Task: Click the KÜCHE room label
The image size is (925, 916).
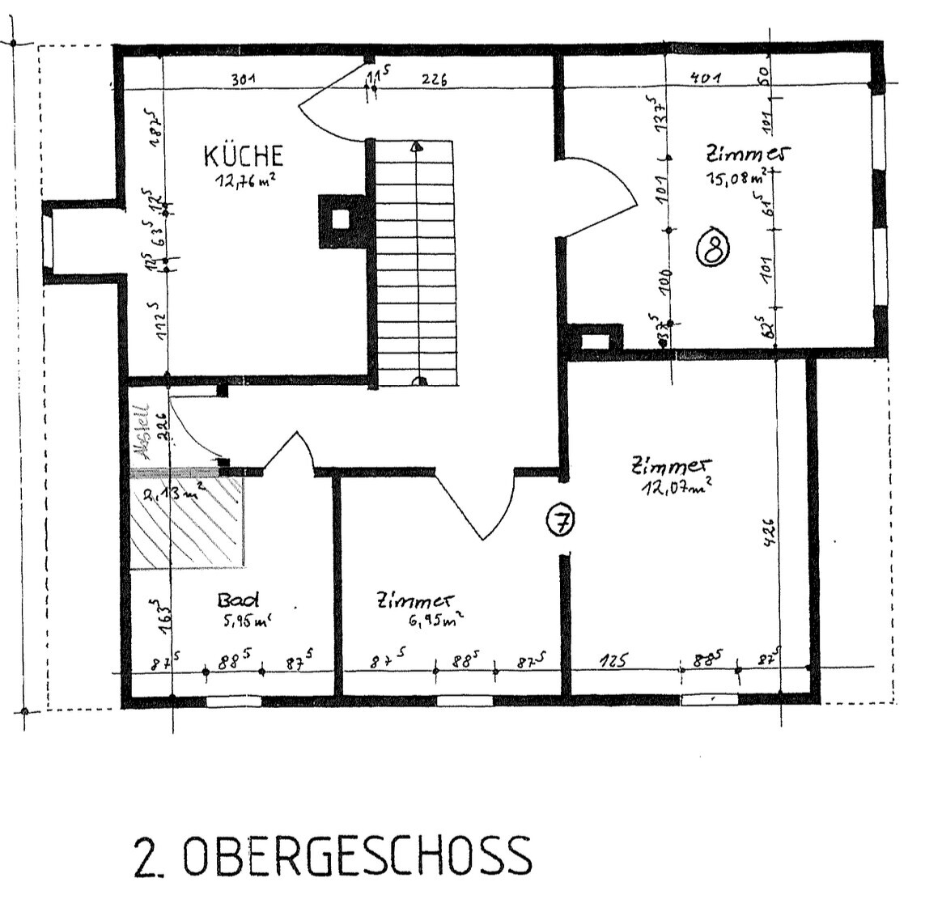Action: (x=243, y=155)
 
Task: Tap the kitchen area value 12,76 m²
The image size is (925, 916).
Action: (x=244, y=180)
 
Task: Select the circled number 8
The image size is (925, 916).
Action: (x=713, y=248)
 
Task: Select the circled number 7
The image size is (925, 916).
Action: (x=559, y=521)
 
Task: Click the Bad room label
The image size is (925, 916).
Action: (x=238, y=600)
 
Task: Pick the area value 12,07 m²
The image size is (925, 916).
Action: (x=677, y=487)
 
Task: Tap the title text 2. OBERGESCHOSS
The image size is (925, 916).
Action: (x=333, y=856)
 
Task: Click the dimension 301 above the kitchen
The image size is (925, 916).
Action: (x=244, y=79)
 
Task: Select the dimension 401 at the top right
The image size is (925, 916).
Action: (x=706, y=78)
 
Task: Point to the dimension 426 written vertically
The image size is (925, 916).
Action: (x=769, y=532)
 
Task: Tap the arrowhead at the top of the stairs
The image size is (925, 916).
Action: (x=416, y=146)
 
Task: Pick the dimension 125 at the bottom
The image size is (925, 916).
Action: (x=613, y=661)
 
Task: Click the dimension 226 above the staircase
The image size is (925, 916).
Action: (x=435, y=79)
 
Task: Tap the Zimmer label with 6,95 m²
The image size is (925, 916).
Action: (x=414, y=600)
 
